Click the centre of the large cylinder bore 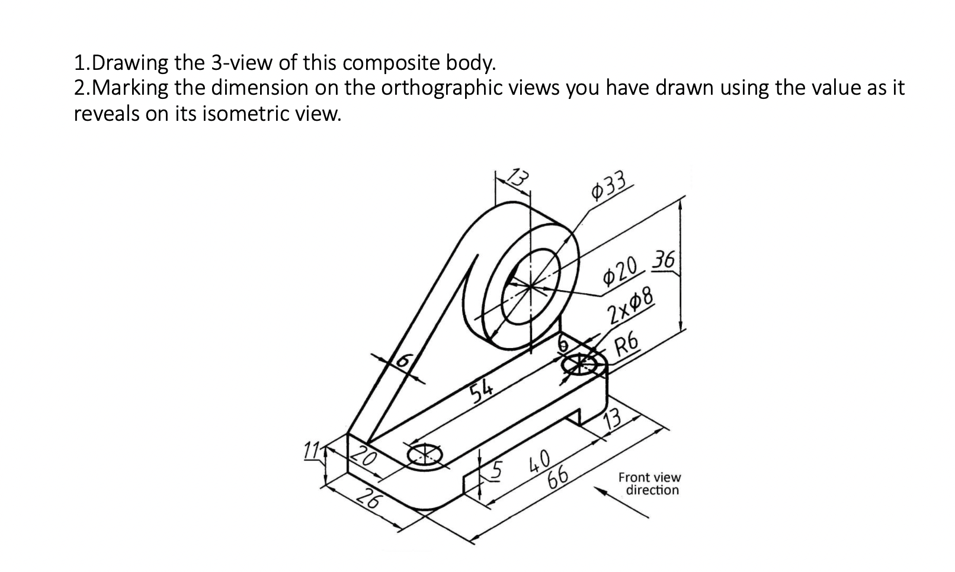coord(531,286)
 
